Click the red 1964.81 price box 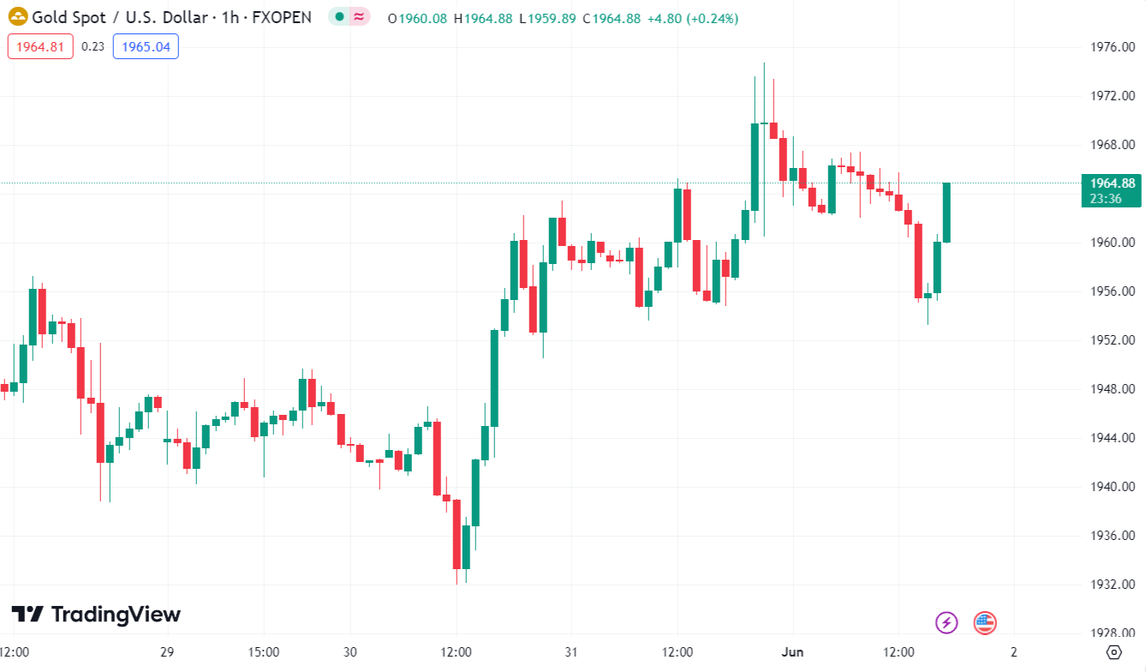[x=40, y=46]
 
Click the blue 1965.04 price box [x=146, y=46]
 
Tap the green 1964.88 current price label [x=1113, y=183]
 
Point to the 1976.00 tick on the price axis [x=1112, y=46]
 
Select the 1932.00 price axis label [x=1112, y=585]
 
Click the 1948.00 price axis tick [x=1112, y=389]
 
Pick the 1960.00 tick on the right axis [x=1112, y=243]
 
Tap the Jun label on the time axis [x=792, y=652]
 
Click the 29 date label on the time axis [x=167, y=652]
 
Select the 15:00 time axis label [x=263, y=652]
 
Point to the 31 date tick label [x=570, y=652]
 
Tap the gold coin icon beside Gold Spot [x=18, y=17]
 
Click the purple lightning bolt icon [x=946, y=622]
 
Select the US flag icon [x=985, y=622]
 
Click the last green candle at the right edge [x=946, y=212]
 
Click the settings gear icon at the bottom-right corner [x=1113, y=652]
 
